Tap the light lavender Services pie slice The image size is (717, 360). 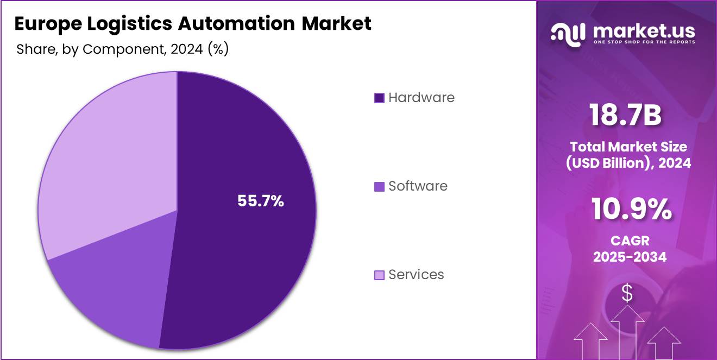pyautogui.click(x=109, y=163)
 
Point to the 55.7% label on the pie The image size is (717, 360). pyautogui.click(x=261, y=201)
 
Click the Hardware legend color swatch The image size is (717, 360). pyautogui.click(x=379, y=98)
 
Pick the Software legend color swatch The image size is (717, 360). pyautogui.click(x=379, y=186)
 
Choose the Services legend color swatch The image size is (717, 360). pyautogui.click(x=379, y=275)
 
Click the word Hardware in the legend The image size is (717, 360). pyautogui.click(x=422, y=98)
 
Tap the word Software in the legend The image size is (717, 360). pyautogui.click(x=418, y=186)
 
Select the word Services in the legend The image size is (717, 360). pyautogui.click(x=416, y=275)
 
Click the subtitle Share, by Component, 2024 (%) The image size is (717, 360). pyautogui.click(x=122, y=49)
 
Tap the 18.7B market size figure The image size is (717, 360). pyautogui.click(x=626, y=116)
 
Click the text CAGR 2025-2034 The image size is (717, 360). pyautogui.click(x=630, y=249)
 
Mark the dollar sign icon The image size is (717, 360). pyautogui.click(x=627, y=294)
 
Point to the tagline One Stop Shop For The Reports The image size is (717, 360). pyautogui.click(x=644, y=42)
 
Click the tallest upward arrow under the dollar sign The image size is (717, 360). pyautogui.click(x=628, y=331)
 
